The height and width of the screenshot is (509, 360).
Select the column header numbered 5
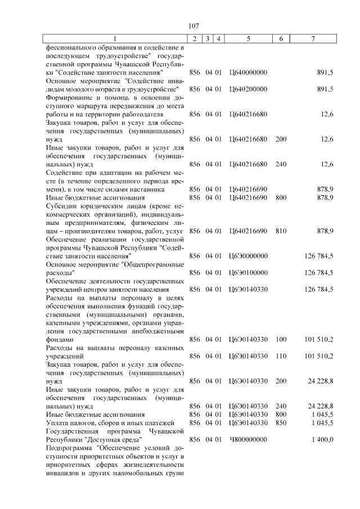[x=248, y=39]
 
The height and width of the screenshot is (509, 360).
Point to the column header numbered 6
[x=281, y=39]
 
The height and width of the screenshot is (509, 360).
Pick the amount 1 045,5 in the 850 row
[x=321, y=422]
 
